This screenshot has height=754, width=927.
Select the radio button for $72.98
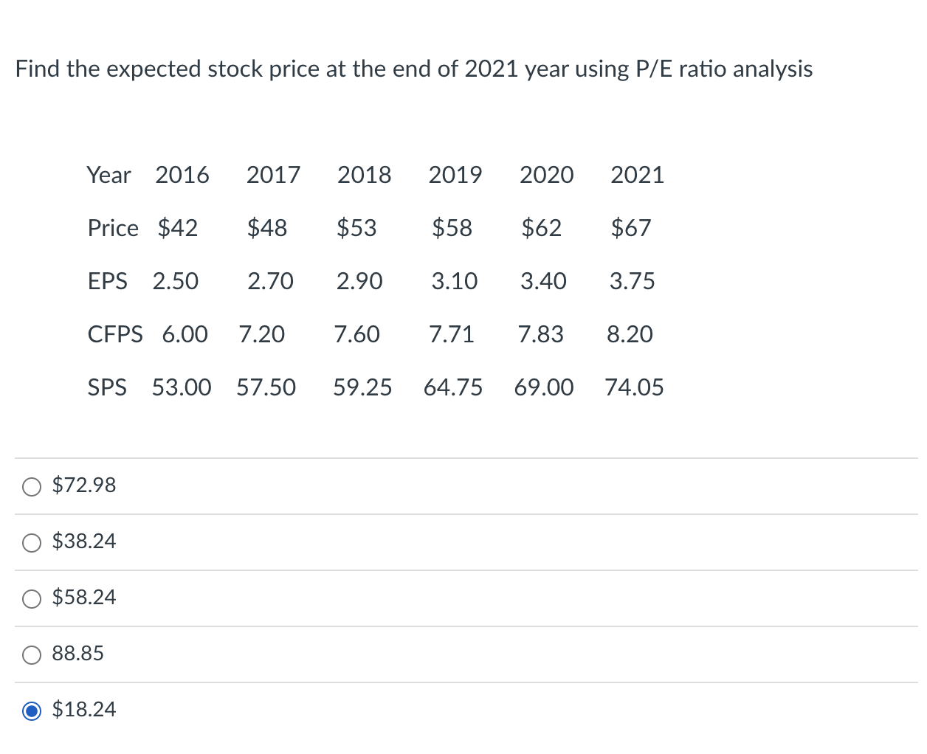[x=32, y=486]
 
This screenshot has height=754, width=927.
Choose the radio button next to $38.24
[x=32, y=542]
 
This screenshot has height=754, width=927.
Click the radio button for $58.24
[x=32, y=598]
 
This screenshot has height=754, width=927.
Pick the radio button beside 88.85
[x=32, y=654]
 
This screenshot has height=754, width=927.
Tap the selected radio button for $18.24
[x=32, y=710]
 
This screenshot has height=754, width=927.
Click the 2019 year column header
[x=455, y=175]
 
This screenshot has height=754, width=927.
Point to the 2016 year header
[x=182, y=175]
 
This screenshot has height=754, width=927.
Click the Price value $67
[x=630, y=228]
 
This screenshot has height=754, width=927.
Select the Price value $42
[x=177, y=228]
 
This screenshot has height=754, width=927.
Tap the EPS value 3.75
[x=632, y=281]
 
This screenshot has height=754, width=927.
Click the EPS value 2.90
[x=359, y=281]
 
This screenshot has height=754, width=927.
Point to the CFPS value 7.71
[x=452, y=334]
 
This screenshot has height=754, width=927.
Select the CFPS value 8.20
[x=630, y=334]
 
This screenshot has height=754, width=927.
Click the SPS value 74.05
[x=634, y=387]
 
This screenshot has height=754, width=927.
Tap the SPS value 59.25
[x=362, y=387]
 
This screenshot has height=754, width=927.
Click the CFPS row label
[x=114, y=334]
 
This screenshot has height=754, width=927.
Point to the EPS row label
[x=107, y=281]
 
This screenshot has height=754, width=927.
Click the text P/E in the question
[x=653, y=69]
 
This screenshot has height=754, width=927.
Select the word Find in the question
[x=37, y=69]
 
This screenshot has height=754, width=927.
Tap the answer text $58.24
[x=84, y=597]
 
